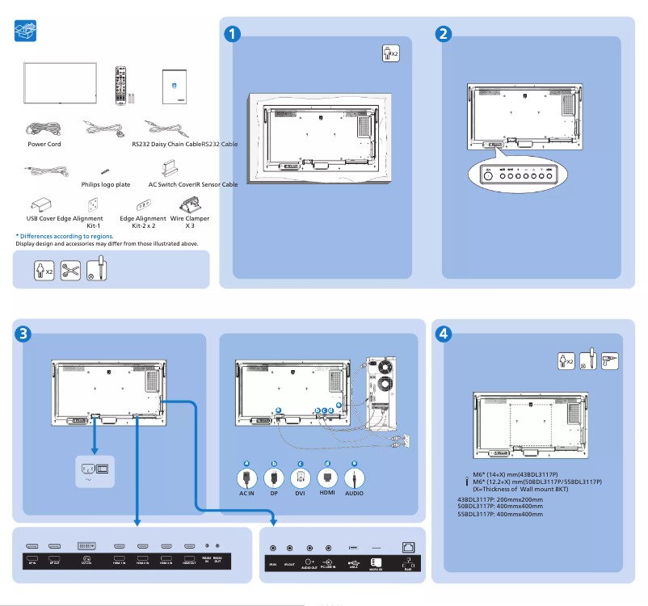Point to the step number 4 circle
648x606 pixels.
[444, 333]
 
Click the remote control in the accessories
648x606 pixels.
[122, 85]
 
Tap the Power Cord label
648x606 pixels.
[44, 144]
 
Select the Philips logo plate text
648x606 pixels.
[106, 184]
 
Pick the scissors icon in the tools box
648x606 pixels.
[70, 270]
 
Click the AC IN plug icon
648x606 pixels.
[247, 476]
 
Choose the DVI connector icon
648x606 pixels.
[300, 476]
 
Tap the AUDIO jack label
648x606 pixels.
[354, 493]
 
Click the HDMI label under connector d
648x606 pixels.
[327, 493]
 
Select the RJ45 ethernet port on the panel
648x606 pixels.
[407, 547]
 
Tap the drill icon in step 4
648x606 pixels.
[610, 360]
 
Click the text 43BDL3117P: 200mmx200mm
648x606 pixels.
[500, 499]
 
